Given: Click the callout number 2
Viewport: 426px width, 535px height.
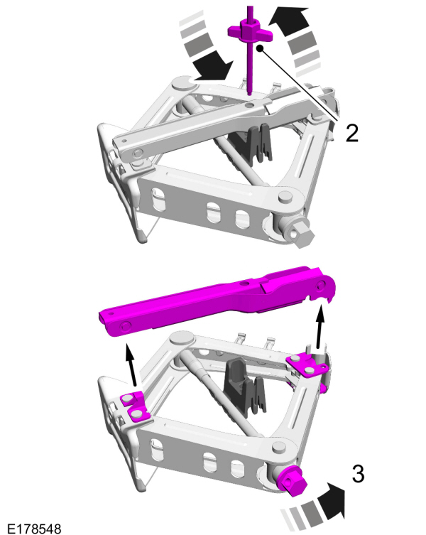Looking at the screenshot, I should coord(351,132).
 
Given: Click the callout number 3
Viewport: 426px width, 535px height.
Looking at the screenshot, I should coord(359,474).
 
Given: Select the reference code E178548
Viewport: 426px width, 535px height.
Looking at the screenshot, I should coord(32,529).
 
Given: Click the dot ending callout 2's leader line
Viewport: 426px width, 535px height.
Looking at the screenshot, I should coord(261,48).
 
